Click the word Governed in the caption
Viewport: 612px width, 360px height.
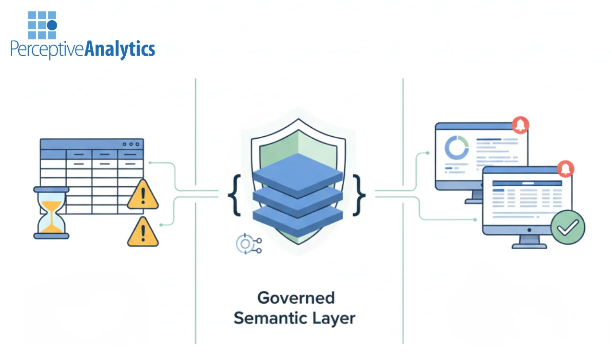296,298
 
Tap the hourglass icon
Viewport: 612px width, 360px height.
51,213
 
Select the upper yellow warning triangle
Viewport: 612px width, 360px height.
143,195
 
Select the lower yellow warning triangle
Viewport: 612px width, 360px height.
143,232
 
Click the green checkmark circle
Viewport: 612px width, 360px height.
567,228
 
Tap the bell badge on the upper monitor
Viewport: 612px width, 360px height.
520,125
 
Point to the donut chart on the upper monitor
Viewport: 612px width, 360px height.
456,147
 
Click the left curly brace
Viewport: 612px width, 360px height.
235,194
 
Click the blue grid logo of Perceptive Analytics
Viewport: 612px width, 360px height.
42,25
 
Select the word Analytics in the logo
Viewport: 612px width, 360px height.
120,50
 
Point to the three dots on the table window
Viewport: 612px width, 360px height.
131,144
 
